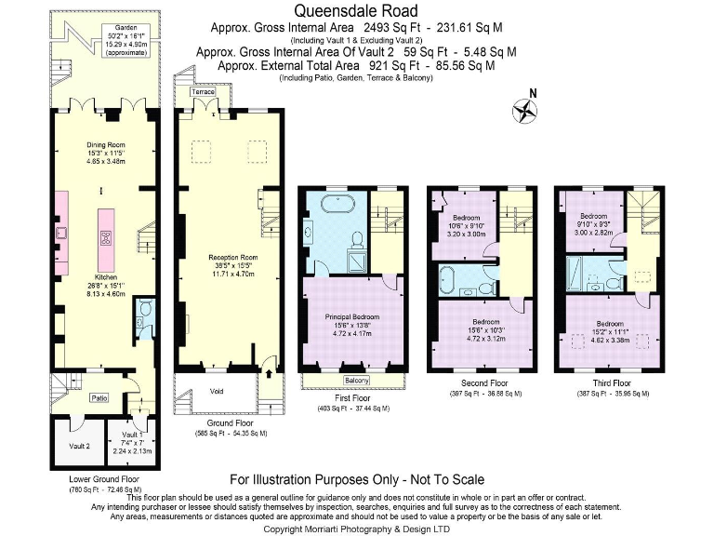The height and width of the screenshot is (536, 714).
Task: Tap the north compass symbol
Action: point(525,109)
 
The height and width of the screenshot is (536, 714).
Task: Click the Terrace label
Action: point(202,93)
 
